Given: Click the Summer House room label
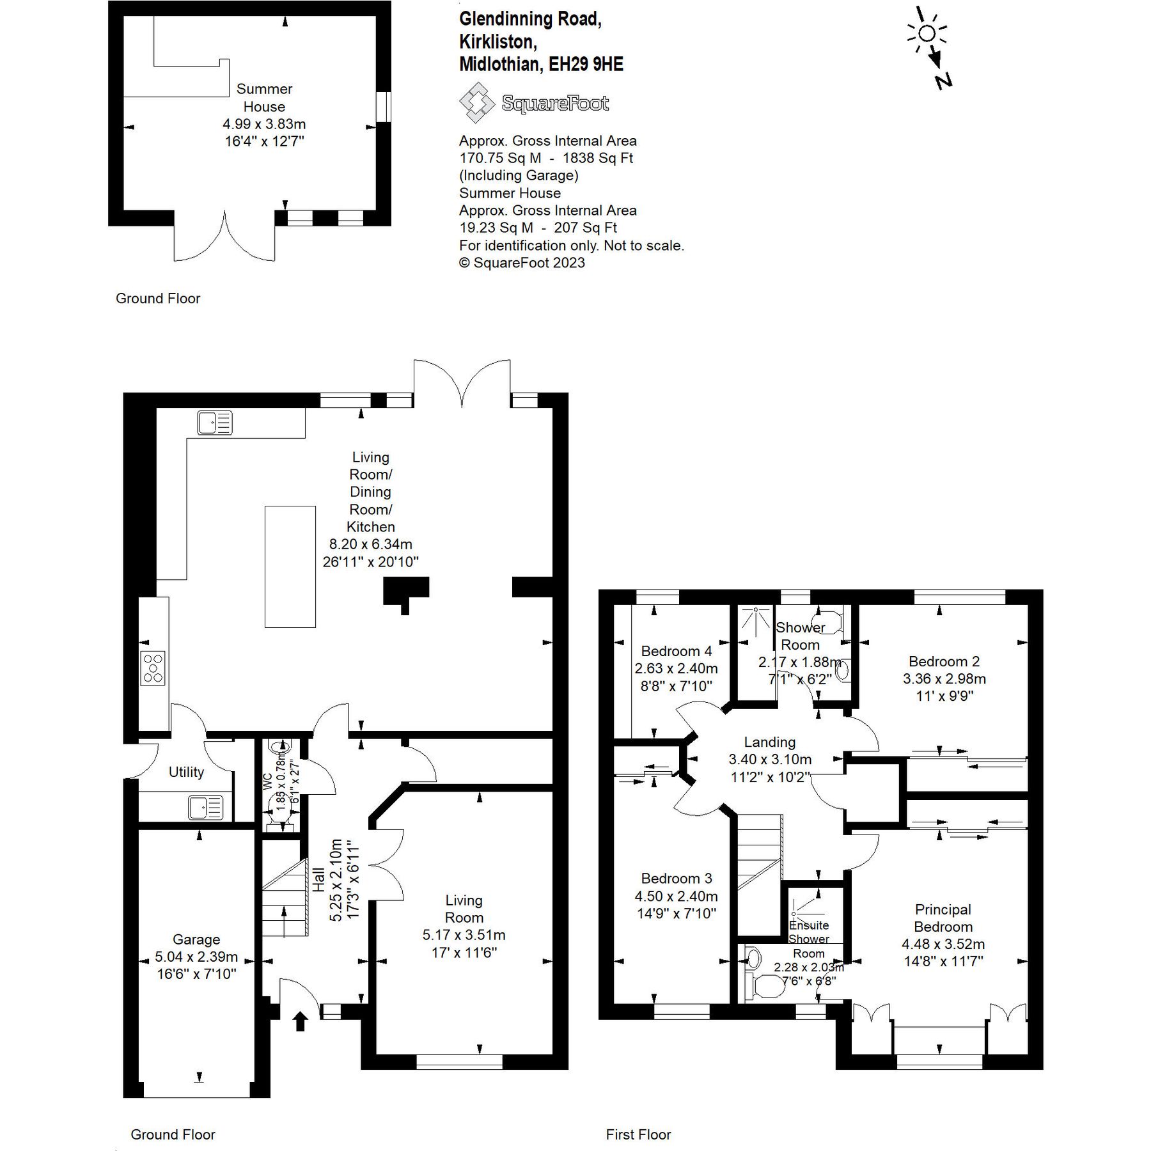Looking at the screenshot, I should [264, 98].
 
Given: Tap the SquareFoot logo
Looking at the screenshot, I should [534, 104].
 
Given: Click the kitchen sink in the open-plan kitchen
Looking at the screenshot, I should [214, 423].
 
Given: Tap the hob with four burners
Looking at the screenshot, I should [153, 668].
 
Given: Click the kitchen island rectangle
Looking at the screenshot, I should [290, 567].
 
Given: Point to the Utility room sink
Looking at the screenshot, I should [205, 807].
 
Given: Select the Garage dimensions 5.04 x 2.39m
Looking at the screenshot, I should [196, 957].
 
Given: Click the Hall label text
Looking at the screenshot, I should [318, 880].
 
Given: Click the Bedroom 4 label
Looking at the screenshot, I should [676, 651].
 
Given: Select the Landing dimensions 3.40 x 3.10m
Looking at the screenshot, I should [770, 760].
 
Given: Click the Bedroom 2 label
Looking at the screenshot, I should [944, 661].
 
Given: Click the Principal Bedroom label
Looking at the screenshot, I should [943, 918].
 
